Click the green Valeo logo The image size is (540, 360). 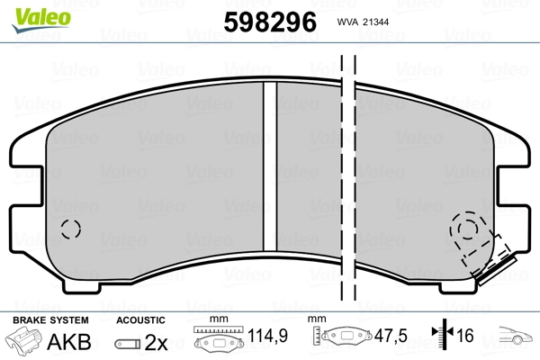tap(41, 20)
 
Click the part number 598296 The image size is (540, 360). tap(270, 22)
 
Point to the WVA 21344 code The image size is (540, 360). tap(363, 22)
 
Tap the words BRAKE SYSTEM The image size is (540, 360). tap(50, 320)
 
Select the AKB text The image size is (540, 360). tap(69, 341)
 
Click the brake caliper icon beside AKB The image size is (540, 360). tap(24, 340)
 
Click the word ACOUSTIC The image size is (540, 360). tap(140, 320)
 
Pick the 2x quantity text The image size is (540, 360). tap(156, 342)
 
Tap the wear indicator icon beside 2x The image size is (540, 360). tap(128, 344)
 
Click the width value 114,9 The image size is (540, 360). tap(267, 336)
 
